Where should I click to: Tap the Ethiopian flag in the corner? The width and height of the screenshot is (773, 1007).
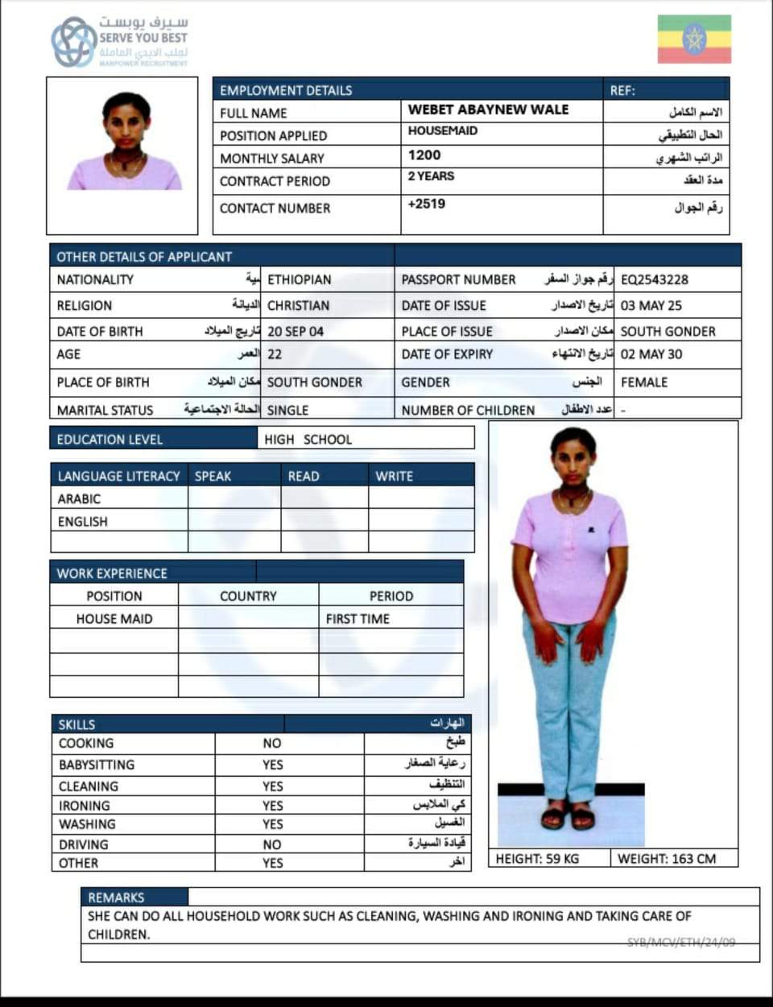coord(694,39)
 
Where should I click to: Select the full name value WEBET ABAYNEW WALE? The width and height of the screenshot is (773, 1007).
coord(488,109)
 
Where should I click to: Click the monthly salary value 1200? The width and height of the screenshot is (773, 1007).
coord(424,155)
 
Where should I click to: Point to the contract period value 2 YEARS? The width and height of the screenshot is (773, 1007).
coord(431,176)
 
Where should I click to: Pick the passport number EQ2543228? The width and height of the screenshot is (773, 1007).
coord(654,279)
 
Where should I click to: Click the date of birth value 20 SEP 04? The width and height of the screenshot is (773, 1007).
coord(296,331)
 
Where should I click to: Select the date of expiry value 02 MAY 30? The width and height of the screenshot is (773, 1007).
coord(651,354)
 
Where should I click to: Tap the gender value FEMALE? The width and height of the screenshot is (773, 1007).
coord(644,382)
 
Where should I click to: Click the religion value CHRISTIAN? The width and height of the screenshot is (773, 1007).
coord(298,305)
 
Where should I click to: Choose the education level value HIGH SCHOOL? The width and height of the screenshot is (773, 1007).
coord(308,440)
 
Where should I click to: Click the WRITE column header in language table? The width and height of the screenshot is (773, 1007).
coord(394,476)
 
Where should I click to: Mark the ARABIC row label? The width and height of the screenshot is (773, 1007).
coord(79,499)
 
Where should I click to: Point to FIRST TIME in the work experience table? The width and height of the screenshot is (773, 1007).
coord(358,619)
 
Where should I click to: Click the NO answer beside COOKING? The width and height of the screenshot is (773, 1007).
coord(272,744)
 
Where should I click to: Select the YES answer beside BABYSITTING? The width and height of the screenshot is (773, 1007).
coord(272,765)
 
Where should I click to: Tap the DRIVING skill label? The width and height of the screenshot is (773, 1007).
coord(83,844)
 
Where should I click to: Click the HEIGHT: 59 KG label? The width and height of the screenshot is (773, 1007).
coord(537,859)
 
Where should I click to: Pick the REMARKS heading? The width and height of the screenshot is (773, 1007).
coord(116,898)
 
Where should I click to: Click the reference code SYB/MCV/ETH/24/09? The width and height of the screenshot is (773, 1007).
coord(681,942)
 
